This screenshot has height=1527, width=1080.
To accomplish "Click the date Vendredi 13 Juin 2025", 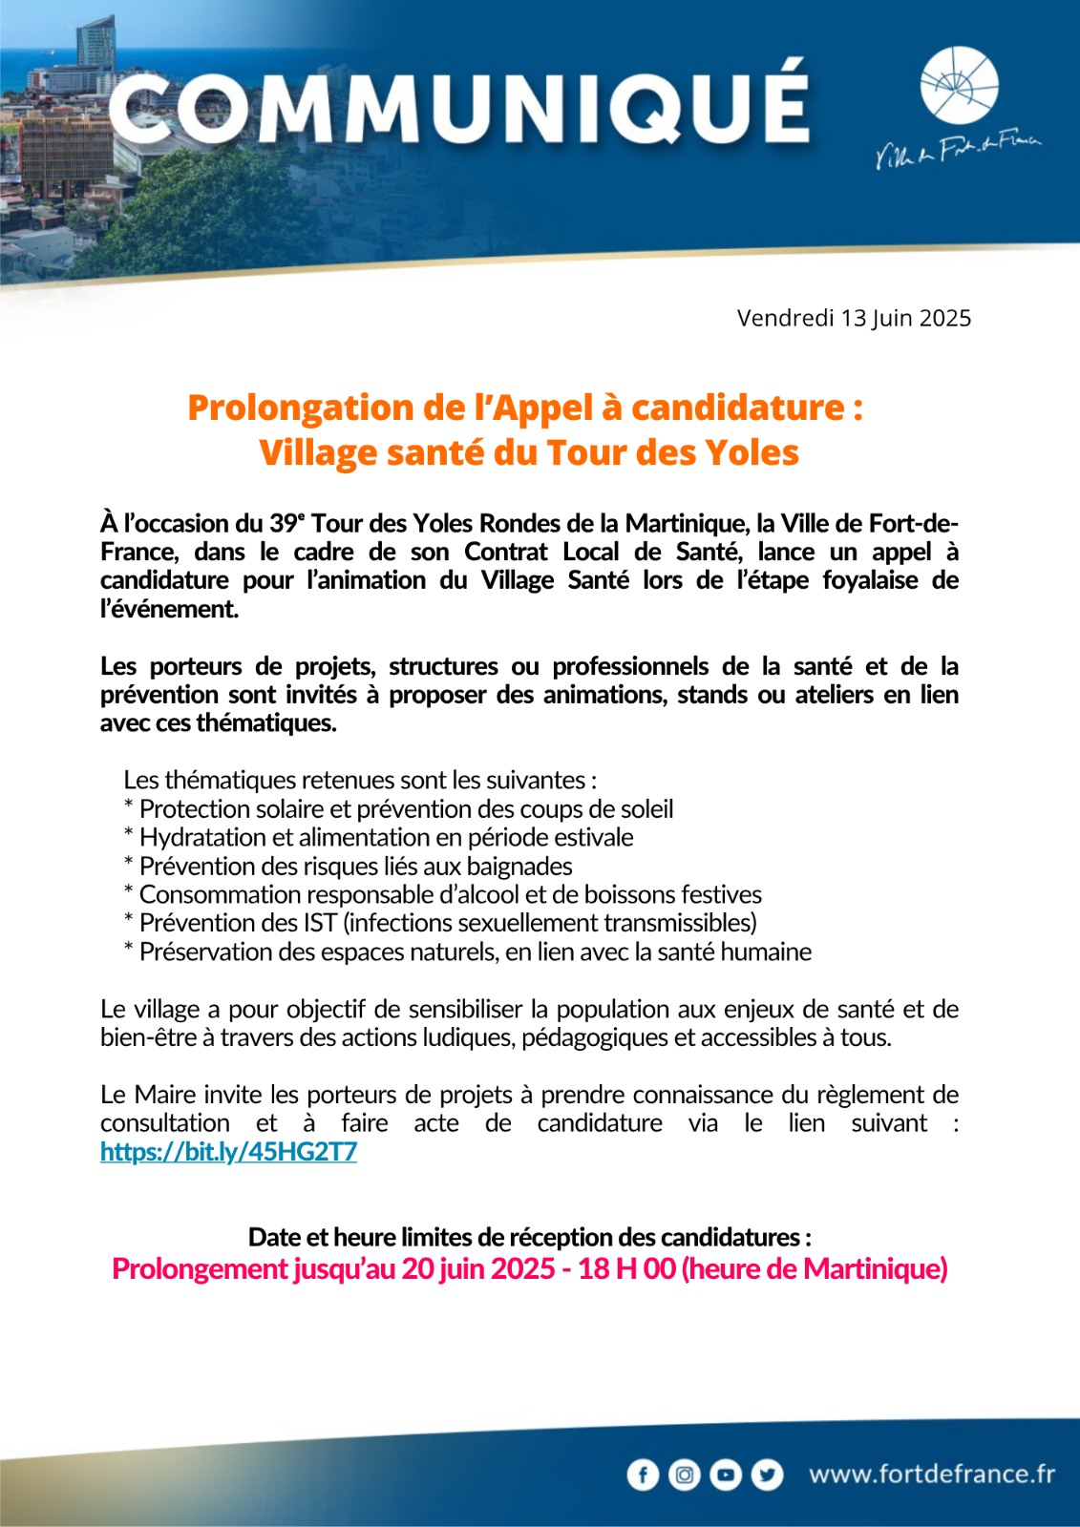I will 854,318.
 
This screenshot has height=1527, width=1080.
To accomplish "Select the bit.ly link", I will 228,1152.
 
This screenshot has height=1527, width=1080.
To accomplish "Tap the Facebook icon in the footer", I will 643,1475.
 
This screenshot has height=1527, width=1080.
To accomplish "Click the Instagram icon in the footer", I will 684,1475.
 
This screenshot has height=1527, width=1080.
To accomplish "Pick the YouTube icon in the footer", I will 726,1475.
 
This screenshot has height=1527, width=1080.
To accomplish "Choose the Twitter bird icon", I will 767,1475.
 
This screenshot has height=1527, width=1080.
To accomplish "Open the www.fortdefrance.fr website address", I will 932,1475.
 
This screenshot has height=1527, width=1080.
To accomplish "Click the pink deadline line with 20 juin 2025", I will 529,1269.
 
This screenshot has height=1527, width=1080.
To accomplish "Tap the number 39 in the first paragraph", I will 283,524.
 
